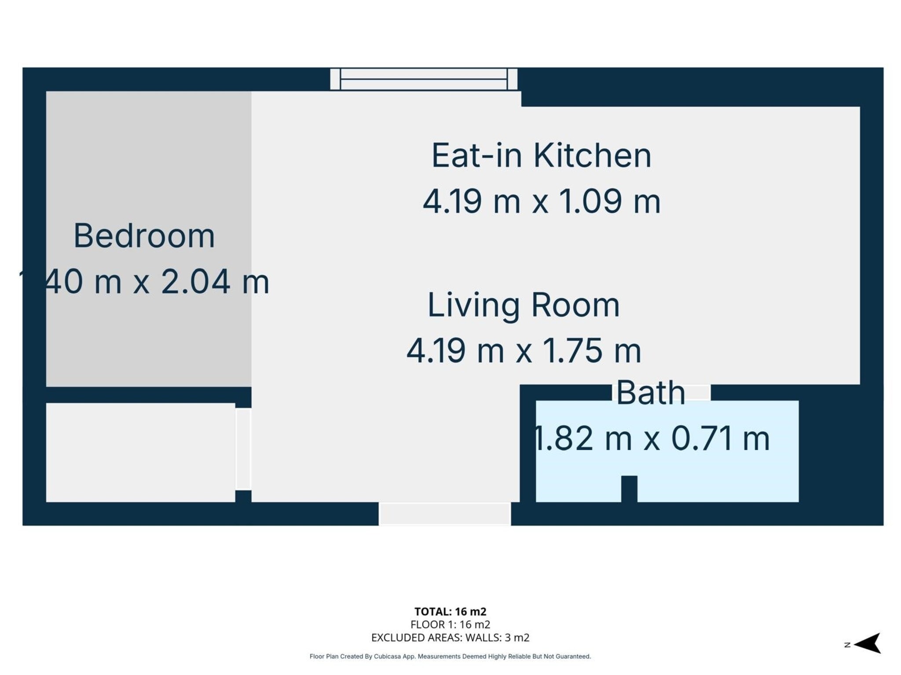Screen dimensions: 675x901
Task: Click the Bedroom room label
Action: point(144,236)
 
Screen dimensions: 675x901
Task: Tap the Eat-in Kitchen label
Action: point(541,155)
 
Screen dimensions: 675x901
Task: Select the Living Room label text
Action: point(524,305)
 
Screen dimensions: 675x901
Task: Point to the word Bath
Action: point(650,393)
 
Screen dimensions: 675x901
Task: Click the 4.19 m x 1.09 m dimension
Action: point(542,201)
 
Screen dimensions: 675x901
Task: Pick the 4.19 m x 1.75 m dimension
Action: point(524,351)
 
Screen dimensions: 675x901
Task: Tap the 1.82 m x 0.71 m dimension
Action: point(651,439)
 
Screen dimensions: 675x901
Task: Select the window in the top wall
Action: point(424,79)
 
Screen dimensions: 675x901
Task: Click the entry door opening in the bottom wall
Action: point(444,514)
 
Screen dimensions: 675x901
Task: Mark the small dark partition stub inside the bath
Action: point(629,489)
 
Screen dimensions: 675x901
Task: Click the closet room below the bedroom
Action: point(140,453)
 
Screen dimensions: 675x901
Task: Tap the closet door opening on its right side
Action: point(243,449)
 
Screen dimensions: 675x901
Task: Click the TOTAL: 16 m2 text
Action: point(450,611)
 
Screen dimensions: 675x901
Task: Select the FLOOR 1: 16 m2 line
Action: point(450,624)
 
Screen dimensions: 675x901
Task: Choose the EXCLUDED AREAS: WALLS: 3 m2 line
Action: point(450,638)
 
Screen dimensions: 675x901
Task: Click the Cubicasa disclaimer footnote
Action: point(450,657)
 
